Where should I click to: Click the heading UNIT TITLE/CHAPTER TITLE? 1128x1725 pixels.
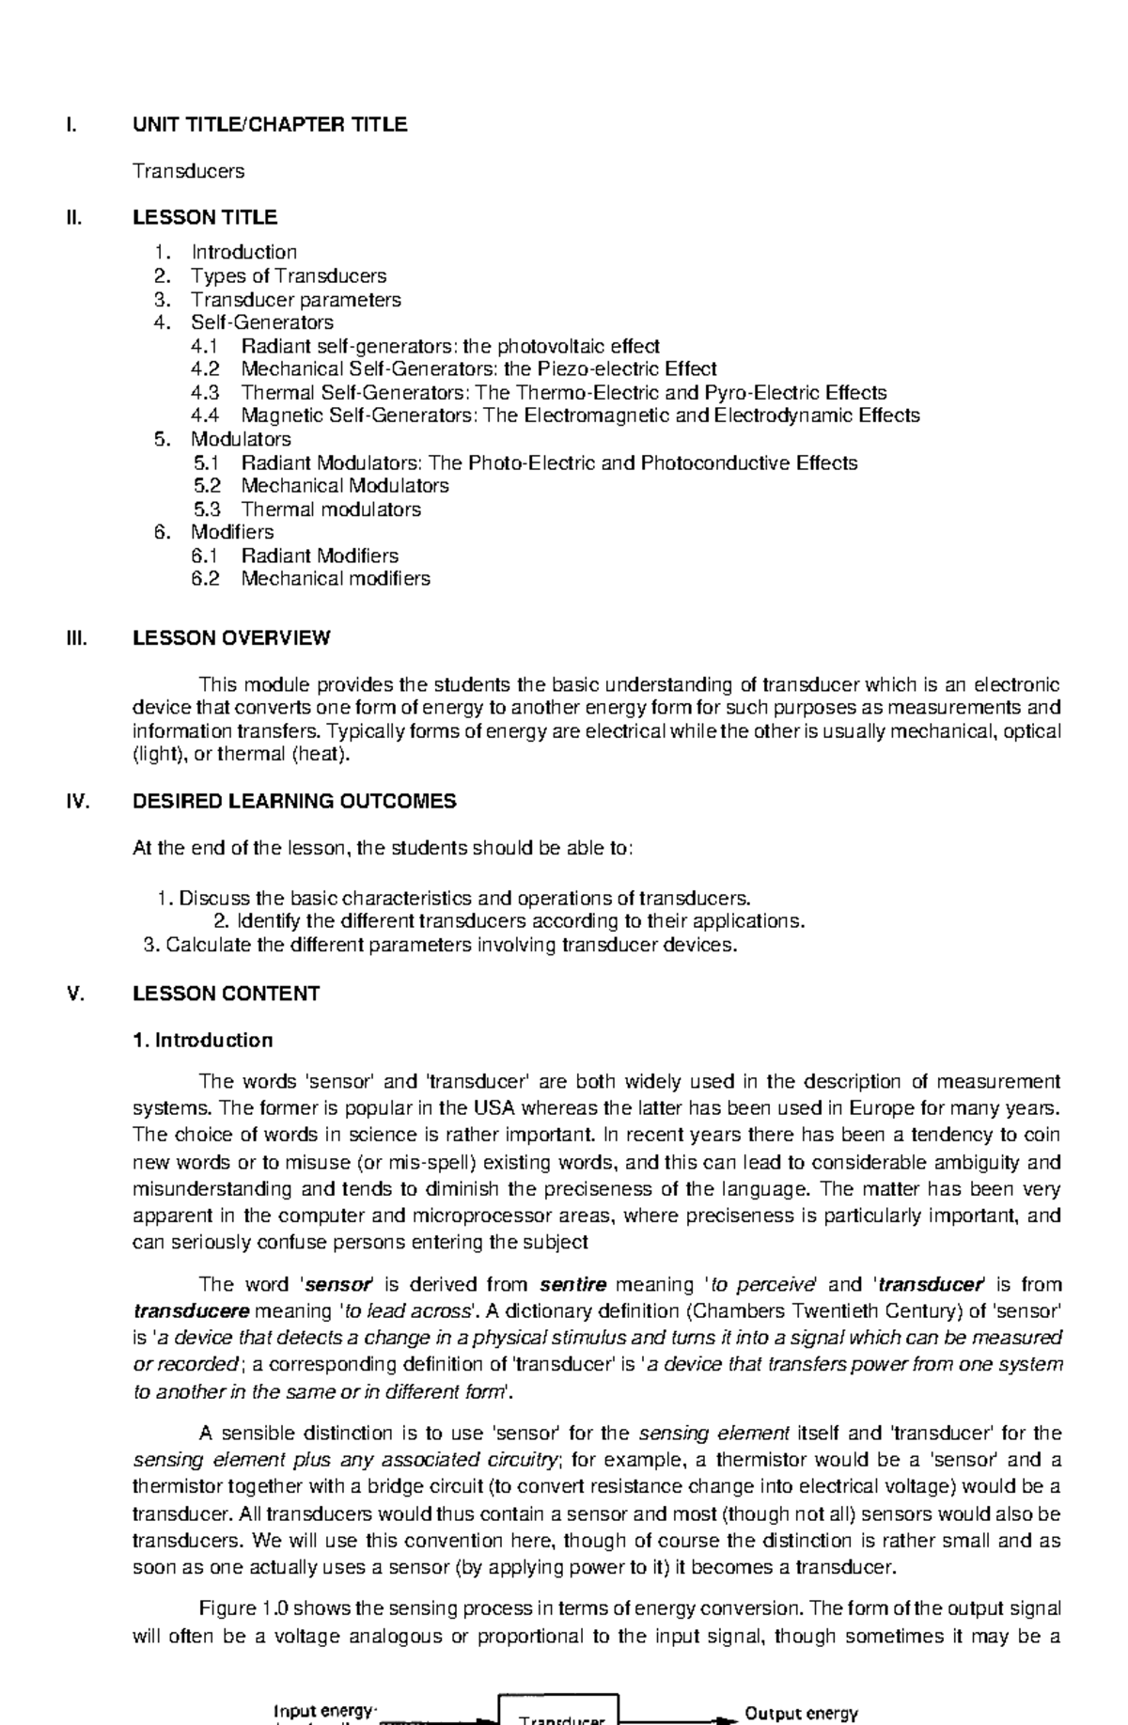pos(270,125)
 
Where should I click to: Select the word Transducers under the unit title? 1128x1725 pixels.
pos(188,171)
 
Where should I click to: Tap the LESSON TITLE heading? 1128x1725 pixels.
pos(205,217)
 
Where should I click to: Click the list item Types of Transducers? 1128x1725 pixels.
pos(289,275)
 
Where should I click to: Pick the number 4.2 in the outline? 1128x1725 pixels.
pos(205,369)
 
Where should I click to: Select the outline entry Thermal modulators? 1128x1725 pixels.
pos(331,509)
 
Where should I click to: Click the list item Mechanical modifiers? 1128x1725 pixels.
pos(336,578)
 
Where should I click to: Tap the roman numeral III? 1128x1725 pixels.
pos(75,638)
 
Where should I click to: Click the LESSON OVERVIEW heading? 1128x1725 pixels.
pos(231,638)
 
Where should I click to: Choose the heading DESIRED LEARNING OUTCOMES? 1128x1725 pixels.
pos(294,802)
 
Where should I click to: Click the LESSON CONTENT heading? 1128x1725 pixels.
pos(226,994)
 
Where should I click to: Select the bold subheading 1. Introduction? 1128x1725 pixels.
pos(203,1040)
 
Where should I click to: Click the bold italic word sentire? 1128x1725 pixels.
pos(573,1284)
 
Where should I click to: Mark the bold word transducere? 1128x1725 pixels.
pos(192,1310)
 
